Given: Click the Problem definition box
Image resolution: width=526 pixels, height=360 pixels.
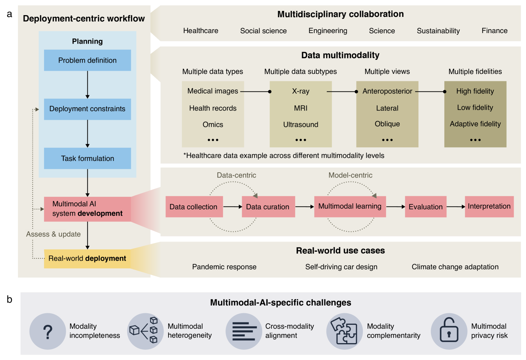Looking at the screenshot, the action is click(87, 60).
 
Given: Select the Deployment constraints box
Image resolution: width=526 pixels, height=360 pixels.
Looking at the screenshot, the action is click(87, 109).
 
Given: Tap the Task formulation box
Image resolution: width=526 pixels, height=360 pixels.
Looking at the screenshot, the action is click(87, 158).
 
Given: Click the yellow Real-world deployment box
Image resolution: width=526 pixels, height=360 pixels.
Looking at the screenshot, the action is click(87, 259).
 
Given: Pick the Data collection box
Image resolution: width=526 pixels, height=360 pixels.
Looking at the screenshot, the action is click(194, 207).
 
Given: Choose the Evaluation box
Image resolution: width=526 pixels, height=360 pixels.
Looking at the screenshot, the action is click(426, 207).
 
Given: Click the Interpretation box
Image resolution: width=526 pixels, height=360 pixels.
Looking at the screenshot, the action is click(489, 207).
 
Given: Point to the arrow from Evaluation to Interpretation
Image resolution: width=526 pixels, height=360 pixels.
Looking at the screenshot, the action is click(456, 207).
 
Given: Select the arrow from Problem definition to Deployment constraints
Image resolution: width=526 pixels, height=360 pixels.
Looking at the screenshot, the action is click(88, 85).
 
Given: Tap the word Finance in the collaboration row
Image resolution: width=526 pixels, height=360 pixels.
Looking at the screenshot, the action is click(495, 31).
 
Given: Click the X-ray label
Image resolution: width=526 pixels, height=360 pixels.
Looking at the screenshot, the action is click(301, 91).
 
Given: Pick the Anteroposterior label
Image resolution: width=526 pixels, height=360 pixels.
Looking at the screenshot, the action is click(387, 91).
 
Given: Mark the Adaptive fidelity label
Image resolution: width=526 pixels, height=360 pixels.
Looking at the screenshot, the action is click(475, 124).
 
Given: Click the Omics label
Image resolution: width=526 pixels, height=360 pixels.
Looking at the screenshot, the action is click(213, 124).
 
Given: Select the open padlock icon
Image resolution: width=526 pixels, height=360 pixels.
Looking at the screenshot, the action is click(449, 330).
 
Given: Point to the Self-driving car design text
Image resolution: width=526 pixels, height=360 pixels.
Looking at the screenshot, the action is click(341, 267).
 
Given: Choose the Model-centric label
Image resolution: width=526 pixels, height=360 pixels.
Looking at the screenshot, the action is click(350, 175).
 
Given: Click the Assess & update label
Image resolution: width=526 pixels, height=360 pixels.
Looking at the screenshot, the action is click(53, 234).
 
